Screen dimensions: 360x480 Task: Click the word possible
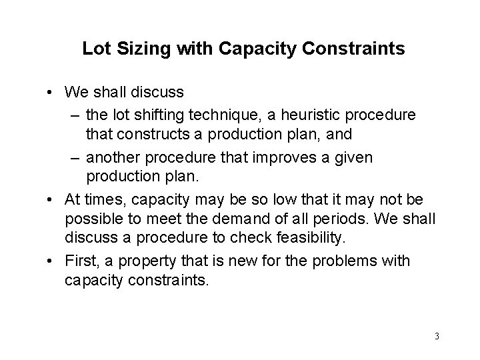(x=89, y=219)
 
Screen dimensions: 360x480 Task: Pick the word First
(x=81, y=261)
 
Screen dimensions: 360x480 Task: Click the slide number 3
(x=437, y=335)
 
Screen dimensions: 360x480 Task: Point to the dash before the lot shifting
(x=75, y=115)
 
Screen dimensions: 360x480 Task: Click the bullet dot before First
(x=51, y=261)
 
